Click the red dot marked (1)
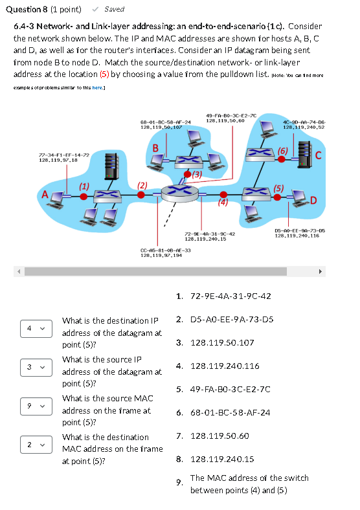click(84, 197)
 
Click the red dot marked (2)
click(141, 195)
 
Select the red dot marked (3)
click(188, 174)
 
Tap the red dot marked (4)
click(223, 195)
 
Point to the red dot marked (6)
click(282, 159)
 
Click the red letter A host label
click(45, 195)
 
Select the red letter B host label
click(155, 148)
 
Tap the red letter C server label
click(319, 155)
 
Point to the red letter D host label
click(313, 200)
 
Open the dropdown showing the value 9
click(36, 406)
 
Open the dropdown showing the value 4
click(36, 329)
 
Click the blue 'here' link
click(97, 88)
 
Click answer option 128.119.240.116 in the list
click(225, 366)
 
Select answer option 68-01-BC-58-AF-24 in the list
click(231, 413)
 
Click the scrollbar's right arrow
click(321, 272)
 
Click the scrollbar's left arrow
click(19, 272)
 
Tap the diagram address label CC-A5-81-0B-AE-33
click(166, 250)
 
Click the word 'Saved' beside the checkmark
click(114, 10)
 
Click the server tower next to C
click(305, 155)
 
